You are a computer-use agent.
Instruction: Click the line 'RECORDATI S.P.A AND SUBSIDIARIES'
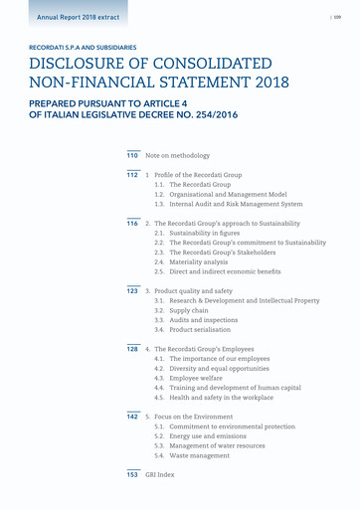tap(84, 47)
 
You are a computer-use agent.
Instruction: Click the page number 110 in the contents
tap(131, 156)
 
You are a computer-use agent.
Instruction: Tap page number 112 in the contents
tap(131, 176)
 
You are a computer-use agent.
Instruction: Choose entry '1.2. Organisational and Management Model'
tap(221, 195)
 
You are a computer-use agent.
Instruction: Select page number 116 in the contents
tap(131, 224)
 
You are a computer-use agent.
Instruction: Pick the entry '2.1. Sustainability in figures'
tap(204, 234)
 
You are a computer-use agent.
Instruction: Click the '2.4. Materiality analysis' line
tap(199, 262)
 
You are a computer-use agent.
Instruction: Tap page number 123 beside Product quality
tap(131, 291)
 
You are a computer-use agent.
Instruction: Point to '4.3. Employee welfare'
tap(196, 379)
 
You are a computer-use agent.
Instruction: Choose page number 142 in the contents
tap(131, 417)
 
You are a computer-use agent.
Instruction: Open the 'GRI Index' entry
tap(160, 475)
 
